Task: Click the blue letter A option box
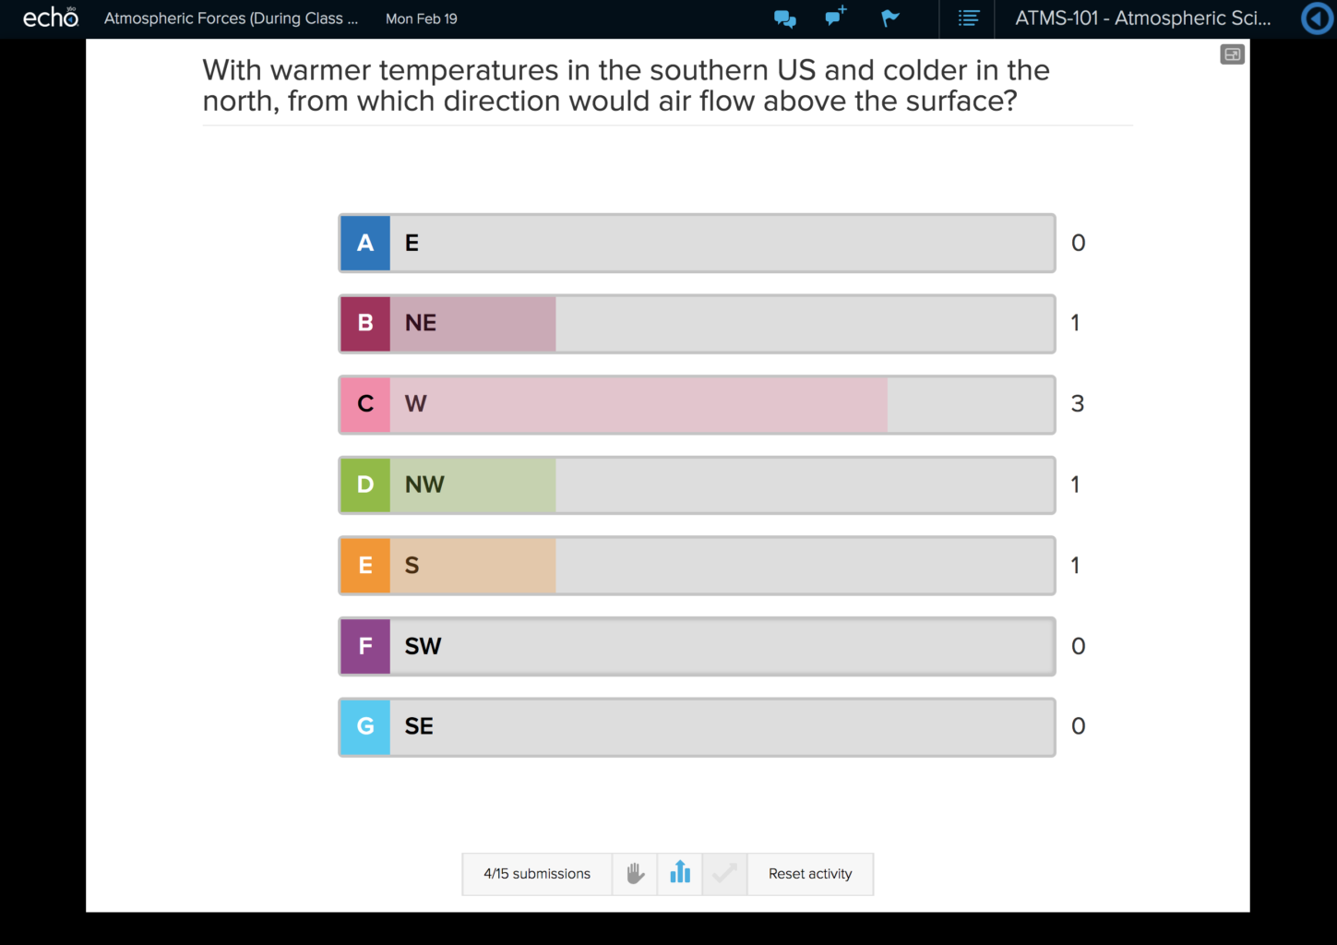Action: pos(365,243)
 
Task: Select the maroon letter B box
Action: pos(365,323)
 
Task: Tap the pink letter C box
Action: pos(365,404)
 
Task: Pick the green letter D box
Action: pos(365,484)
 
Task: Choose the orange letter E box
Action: pos(365,566)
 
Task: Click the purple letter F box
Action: pos(365,646)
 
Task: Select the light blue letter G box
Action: pos(365,727)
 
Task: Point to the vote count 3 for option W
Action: pos(1077,404)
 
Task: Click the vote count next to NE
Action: pos(1075,323)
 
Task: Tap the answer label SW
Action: pos(423,646)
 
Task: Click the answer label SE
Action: pos(419,727)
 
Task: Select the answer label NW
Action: pos(424,484)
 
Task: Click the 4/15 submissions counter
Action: pos(537,874)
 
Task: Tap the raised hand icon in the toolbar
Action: pos(635,873)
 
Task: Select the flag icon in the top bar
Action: pos(890,18)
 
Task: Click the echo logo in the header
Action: pos(51,18)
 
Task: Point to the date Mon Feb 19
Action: pos(422,18)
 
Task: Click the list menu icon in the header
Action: pos(968,18)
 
